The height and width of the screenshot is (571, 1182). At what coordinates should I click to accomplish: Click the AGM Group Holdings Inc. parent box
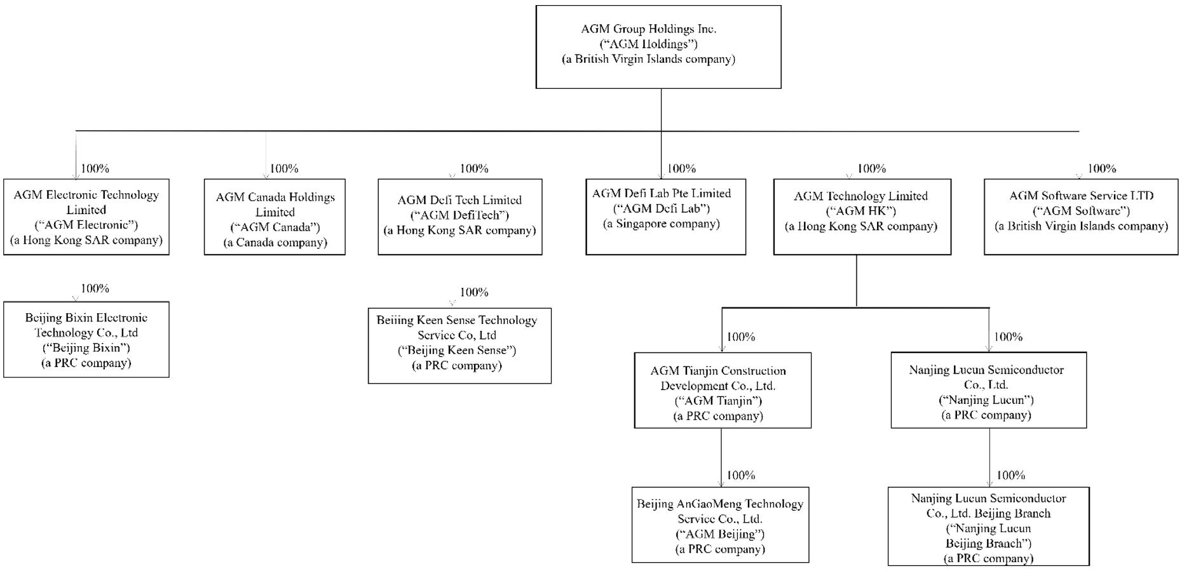click(658, 47)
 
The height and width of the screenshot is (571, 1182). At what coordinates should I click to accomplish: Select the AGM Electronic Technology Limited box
click(86, 217)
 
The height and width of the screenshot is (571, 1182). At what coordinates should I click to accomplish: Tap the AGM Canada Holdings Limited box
click(275, 217)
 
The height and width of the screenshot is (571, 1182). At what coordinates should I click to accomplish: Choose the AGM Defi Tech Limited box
click(460, 217)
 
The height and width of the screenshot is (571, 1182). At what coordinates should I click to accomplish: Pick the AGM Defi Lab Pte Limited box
click(665, 217)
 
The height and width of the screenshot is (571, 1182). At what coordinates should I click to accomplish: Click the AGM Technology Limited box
click(862, 217)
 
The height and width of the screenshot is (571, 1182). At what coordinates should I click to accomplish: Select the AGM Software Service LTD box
click(1080, 217)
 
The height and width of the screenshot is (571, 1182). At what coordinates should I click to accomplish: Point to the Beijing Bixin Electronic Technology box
click(86, 339)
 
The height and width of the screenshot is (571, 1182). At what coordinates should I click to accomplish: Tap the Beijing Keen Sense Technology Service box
click(459, 346)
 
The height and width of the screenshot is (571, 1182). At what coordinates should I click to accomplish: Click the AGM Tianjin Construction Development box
click(723, 390)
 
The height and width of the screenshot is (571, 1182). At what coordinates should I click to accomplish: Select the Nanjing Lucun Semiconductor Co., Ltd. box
click(988, 390)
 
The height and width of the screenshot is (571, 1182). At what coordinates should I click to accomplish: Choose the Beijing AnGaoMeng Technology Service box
click(720, 525)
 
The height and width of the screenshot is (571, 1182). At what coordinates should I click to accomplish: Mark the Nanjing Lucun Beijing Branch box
click(988, 526)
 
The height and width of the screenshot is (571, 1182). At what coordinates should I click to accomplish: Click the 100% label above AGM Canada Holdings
click(284, 168)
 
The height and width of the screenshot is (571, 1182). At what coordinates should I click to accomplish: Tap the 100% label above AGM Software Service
click(1101, 168)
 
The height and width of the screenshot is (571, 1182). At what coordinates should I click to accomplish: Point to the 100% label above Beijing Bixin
click(95, 288)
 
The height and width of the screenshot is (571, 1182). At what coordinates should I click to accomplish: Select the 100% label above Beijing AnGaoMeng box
click(740, 475)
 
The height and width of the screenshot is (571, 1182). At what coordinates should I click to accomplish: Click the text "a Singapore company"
click(662, 224)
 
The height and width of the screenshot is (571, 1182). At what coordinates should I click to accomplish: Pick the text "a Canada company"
click(275, 242)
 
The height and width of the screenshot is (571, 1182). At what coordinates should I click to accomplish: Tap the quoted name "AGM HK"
click(861, 211)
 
